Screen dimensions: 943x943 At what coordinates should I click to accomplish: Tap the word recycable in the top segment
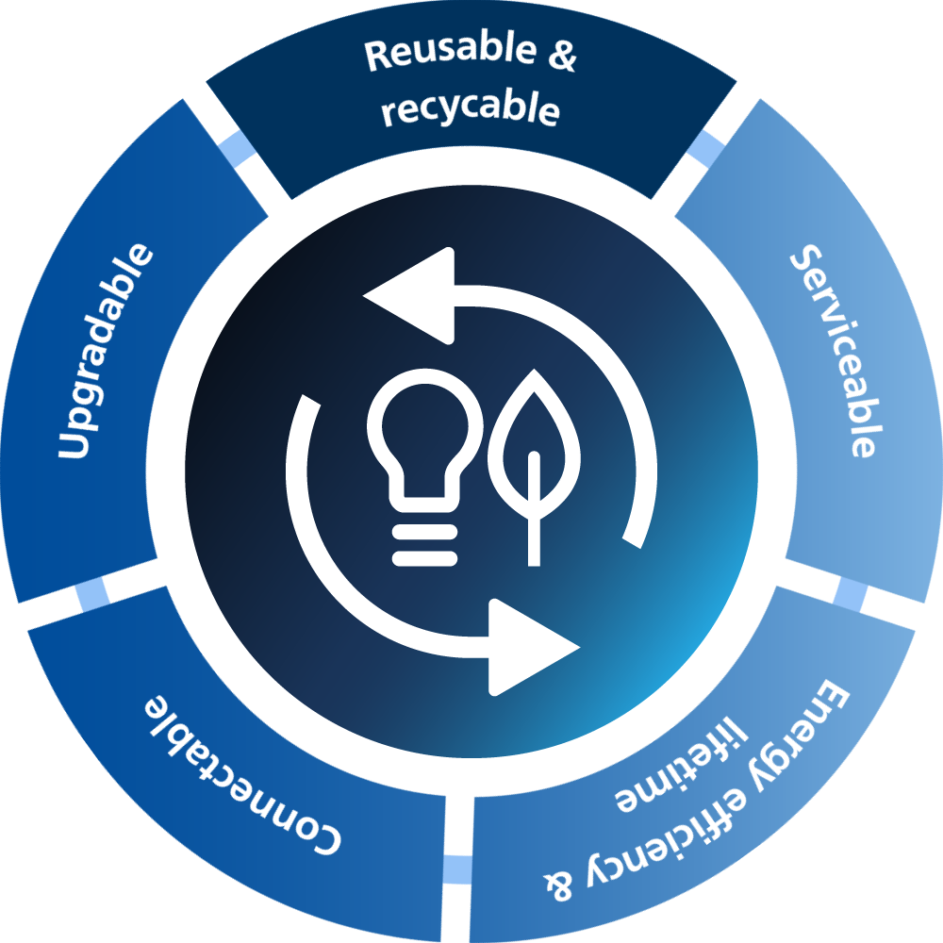coord(470,110)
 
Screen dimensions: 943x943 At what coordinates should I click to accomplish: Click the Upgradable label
coord(105,352)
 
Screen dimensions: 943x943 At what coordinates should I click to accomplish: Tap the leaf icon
coord(533,453)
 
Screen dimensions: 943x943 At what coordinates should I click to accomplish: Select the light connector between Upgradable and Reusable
coord(235,148)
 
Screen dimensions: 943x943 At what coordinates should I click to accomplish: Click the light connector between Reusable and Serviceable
coord(705,147)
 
